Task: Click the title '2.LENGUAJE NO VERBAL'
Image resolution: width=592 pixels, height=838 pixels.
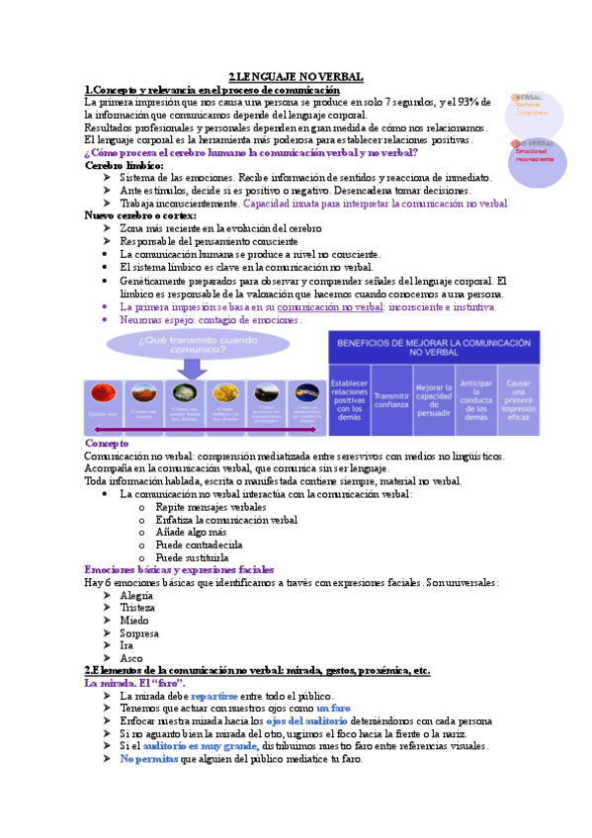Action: pyautogui.click(x=296, y=76)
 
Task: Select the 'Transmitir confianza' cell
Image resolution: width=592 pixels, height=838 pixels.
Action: pyautogui.click(x=392, y=392)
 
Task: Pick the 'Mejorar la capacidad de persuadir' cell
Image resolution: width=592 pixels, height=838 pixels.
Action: pyautogui.click(x=434, y=399)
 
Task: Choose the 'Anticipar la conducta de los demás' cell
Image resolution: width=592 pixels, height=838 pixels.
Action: pyautogui.click(x=476, y=399)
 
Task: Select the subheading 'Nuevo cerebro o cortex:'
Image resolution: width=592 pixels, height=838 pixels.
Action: pyautogui.click(x=140, y=215)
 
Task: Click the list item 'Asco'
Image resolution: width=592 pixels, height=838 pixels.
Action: pyautogui.click(x=131, y=657)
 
